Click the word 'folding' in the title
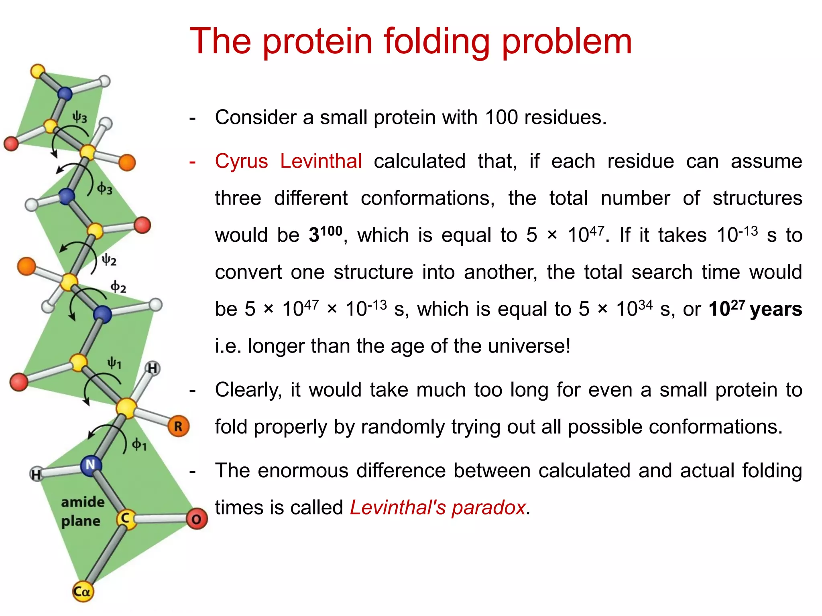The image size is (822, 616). click(x=437, y=42)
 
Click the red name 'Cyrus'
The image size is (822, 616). click(x=241, y=161)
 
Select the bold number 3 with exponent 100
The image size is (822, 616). click(x=325, y=234)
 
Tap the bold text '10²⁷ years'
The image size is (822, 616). click(x=755, y=309)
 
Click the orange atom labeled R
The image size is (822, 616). click(x=178, y=426)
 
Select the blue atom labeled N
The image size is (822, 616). click(x=91, y=465)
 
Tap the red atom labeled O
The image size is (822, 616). click(x=196, y=519)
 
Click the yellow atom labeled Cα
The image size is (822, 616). click(x=82, y=592)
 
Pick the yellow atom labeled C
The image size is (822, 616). click(x=126, y=519)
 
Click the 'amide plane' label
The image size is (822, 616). click(x=82, y=511)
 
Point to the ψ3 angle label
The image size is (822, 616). click(x=79, y=118)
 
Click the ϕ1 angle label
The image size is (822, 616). click(x=139, y=444)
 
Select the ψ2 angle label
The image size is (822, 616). click(x=109, y=260)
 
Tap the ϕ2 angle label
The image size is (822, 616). click(x=118, y=287)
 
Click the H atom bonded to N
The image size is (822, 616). click(x=37, y=474)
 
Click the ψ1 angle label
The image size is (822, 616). click(x=114, y=363)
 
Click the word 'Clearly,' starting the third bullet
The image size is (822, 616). click(x=248, y=390)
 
